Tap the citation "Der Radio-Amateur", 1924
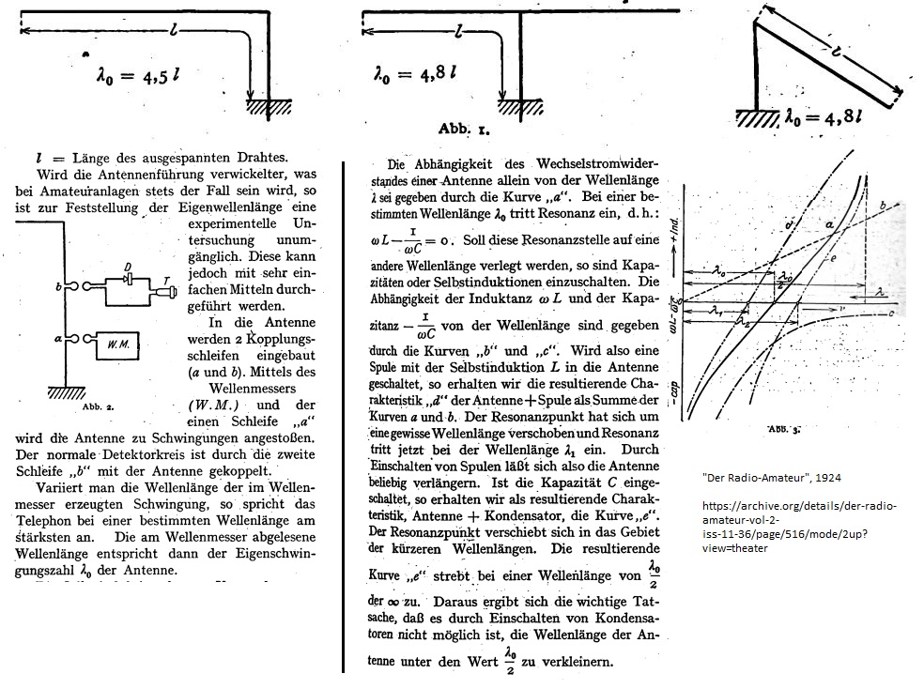click(x=771, y=478)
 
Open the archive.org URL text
click(x=797, y=527)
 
